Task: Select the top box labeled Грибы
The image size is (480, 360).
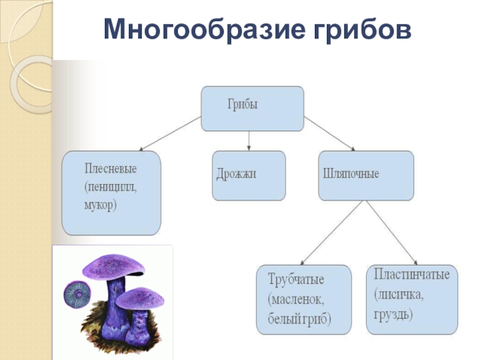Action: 252,108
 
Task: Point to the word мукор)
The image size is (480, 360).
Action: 100,205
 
